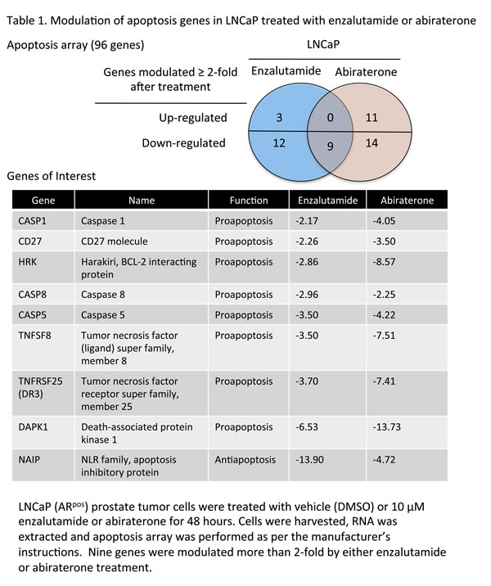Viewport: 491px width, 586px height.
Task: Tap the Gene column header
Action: (x=43, y=200)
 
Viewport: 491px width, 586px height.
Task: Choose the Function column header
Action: (x=248, y=200)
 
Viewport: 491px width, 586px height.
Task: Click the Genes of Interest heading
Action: (x=52, y=176)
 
